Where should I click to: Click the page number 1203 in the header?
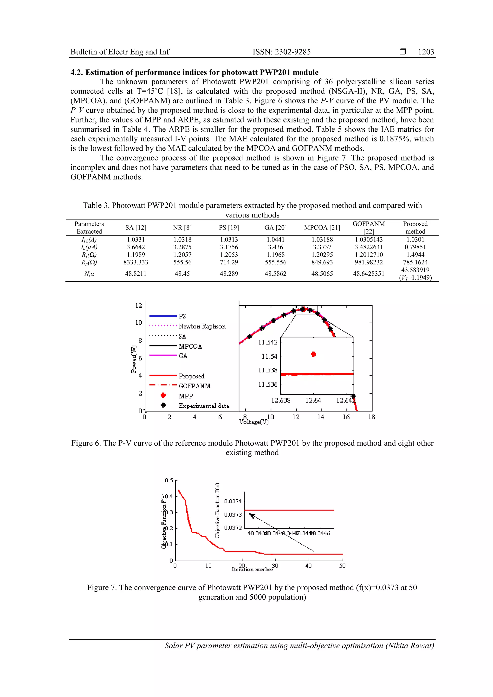click(x=426, y=52)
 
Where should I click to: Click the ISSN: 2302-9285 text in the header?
click(x=282, y=52)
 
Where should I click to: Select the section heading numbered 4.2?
click(x=195, y=72)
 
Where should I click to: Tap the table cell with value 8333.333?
click(x=136, y=262)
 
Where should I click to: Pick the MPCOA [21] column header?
click(x=322, y=228)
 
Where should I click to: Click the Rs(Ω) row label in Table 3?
click(x=89, y=255)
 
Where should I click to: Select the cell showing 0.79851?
click(x=415, y=247)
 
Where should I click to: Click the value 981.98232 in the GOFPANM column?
click(x=369, y=262)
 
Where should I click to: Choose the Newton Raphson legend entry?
click(x=202, y=326)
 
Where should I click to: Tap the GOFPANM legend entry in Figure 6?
click(x=195, y=386)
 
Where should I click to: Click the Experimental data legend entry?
click(x=203, y=406)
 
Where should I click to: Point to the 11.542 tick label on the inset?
click(x=268, y=342)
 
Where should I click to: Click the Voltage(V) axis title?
click(x=254, y=422)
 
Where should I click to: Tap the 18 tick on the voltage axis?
click(x=371, y=417)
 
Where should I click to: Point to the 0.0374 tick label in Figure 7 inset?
click(x=233, y=501)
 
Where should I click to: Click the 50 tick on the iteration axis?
click(x=342, y=566)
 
